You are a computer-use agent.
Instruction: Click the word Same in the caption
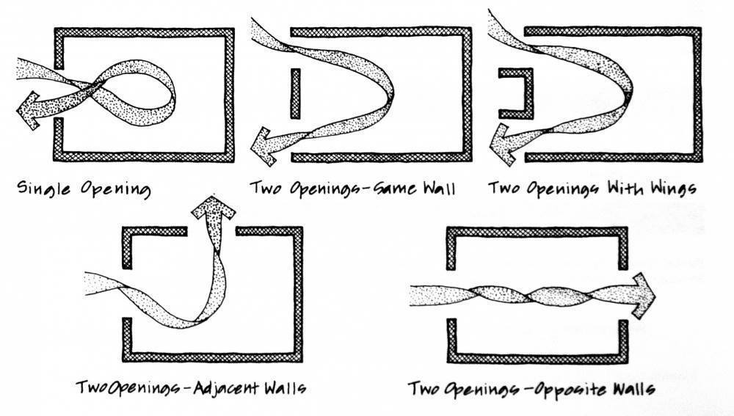click(x=395, y=189)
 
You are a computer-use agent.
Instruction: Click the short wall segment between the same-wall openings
click(x=294, y=93)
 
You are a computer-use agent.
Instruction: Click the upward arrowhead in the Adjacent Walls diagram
click(x=213, y=211)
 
